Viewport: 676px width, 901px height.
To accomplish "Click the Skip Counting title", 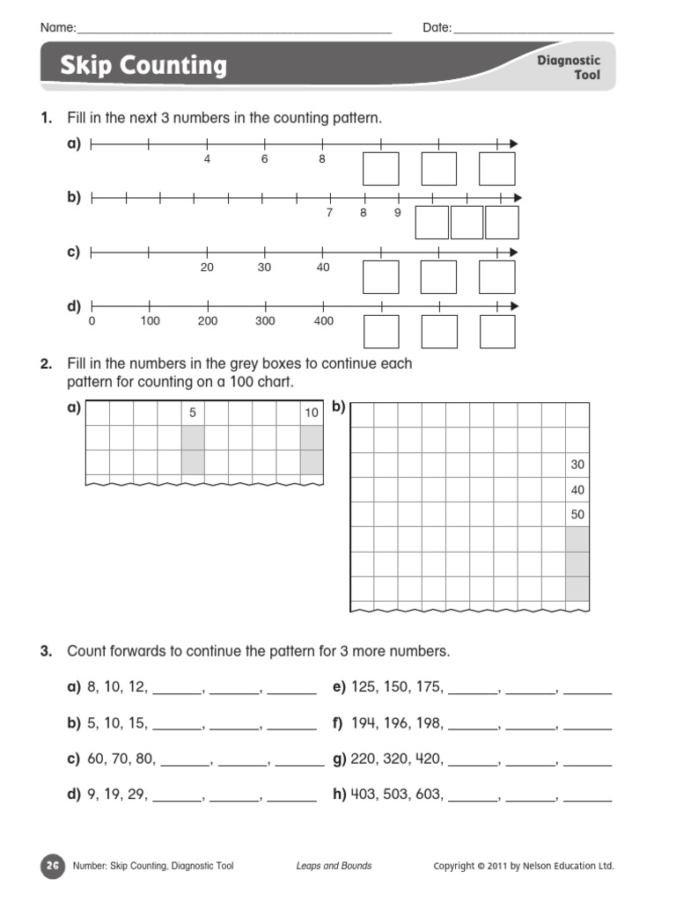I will click(x=143, y=66).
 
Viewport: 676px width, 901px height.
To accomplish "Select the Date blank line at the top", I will click(x=533, y=32).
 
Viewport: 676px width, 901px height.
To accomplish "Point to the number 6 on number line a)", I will click(x=264, y=160).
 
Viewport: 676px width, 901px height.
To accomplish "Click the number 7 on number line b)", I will click(x=329, y=213).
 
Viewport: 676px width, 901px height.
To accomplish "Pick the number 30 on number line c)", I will click(x=264, y=267).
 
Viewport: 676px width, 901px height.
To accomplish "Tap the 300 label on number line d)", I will click(x=265, y=322).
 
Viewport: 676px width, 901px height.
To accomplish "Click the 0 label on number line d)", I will click(x=92, y=322).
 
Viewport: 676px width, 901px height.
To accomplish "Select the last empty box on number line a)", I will click(x=496, y=169).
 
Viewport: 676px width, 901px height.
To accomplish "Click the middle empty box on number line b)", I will click(x=467, y=223).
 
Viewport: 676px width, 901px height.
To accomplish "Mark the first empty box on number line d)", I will click(x=381, y=332).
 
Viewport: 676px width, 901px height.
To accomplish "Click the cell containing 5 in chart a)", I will click(x=193, y=414).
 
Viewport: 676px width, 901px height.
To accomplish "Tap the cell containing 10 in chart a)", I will click(x=312, y=414).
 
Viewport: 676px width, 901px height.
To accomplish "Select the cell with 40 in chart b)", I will click(x=577, y=490).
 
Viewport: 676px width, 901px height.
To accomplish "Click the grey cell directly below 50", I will click(x=577, y=539).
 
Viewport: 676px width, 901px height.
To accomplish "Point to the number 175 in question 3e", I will click(x=430, y=687).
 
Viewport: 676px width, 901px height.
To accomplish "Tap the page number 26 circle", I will click(x=52, y=866).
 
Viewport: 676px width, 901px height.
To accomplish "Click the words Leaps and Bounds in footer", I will click(x=334, y=866).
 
